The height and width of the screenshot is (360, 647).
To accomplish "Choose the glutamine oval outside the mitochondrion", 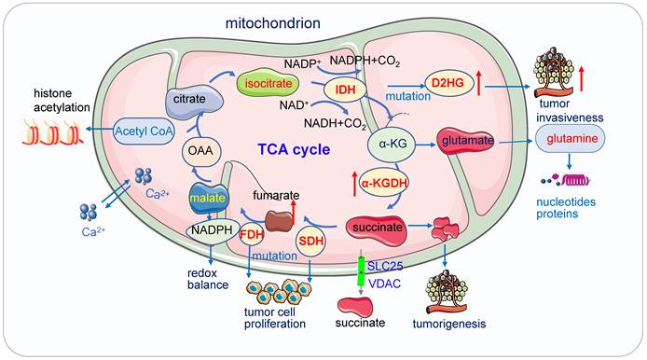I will [571, 139].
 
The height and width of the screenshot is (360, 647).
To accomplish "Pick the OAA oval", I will [198, 148].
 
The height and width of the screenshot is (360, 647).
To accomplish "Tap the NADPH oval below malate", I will [212, 228].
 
